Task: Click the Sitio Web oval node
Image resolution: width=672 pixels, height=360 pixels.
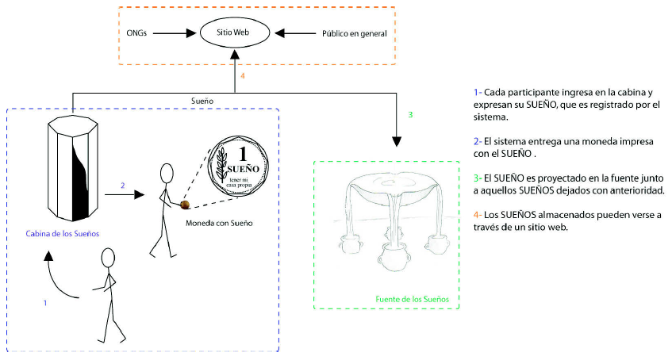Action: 234,33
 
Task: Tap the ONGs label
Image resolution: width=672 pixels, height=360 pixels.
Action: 136,33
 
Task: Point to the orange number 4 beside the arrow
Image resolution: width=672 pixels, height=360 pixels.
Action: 242,76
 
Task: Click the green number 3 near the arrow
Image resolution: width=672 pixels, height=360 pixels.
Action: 410,115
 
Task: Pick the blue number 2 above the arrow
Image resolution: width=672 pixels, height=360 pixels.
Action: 122,186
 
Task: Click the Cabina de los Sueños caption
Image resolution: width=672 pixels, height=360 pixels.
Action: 63,233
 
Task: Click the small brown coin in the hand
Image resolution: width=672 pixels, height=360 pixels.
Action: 184,205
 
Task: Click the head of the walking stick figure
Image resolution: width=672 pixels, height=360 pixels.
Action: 109,257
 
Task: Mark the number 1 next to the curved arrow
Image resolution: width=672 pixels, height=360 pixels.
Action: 45,303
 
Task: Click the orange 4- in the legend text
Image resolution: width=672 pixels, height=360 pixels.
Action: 477,214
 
